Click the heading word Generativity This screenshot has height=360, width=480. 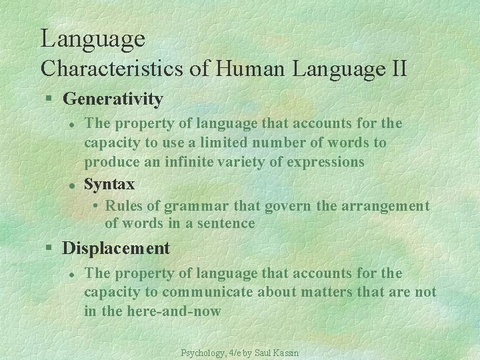[x=113, y=99]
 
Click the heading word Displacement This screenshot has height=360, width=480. [x=116, y=249]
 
